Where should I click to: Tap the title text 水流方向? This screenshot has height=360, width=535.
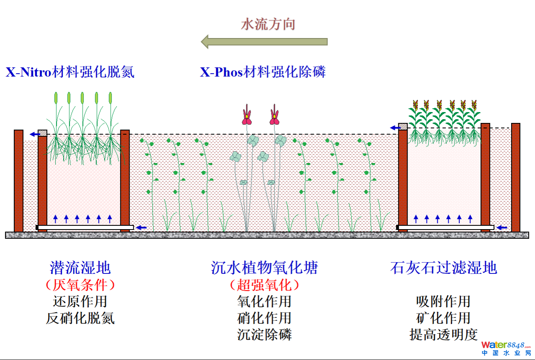click(x=268, y=24)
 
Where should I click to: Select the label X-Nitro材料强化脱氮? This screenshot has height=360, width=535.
click(x=70, y=72)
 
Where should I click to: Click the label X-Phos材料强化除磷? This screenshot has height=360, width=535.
click(x=263, y=72)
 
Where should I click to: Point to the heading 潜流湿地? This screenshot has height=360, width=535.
click(x=80, y=268)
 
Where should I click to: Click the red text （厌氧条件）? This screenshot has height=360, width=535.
click(x=80, y=285)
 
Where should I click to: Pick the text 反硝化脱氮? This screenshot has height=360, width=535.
click(x=80, y=318)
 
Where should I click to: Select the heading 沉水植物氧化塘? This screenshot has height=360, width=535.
click(x=264, y=268)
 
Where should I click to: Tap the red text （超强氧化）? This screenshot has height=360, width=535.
click(x=264, y=285)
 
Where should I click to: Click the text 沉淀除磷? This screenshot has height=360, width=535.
click(x=264, y=334)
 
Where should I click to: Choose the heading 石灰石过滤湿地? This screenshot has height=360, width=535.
click(x=443, y=268)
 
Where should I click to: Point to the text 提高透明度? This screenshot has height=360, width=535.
click(x=443, y=334)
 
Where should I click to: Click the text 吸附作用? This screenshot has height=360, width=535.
click(x=443, y=301)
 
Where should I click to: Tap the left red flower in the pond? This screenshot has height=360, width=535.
click(x=247, y=117)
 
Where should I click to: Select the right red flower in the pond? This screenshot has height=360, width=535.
click(x=274, y=117)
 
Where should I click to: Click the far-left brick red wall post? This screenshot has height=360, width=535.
click(x=18, y=181)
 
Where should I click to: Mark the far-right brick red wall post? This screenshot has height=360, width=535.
click(x=515, y=177)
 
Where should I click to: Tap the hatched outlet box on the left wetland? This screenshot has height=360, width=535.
click(x=42, y=133)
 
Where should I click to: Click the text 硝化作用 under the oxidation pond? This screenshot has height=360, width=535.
click(x=264, y=318)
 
